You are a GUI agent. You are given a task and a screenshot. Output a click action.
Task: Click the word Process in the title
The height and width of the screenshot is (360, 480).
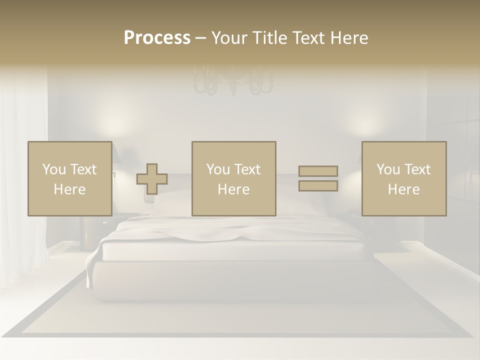click(157, 38)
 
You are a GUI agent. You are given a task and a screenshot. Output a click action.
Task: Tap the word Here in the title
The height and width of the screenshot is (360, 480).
click(348, 38)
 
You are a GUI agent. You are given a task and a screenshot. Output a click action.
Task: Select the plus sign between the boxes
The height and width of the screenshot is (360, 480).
click(152, 179)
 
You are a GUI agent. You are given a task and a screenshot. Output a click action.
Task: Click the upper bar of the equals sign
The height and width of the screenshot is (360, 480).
click(318, 171)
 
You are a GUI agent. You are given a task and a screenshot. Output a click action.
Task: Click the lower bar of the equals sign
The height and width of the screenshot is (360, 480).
click(318, 186)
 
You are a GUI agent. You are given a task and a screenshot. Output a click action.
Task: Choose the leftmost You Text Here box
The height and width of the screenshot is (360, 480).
click(69, 178)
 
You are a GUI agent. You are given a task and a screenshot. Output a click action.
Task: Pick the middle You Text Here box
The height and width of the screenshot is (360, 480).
click(233, 178)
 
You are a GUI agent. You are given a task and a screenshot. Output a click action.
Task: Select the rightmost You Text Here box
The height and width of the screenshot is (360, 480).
click(403, 178)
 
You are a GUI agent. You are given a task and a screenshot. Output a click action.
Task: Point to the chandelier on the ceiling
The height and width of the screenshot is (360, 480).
click(233, 82)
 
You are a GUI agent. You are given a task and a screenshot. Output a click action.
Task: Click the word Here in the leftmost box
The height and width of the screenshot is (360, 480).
click(69, 189)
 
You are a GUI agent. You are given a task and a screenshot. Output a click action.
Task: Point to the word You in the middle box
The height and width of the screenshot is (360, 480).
click(218, 169)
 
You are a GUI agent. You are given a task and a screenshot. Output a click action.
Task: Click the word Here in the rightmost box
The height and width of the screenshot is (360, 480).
click(403, 189)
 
